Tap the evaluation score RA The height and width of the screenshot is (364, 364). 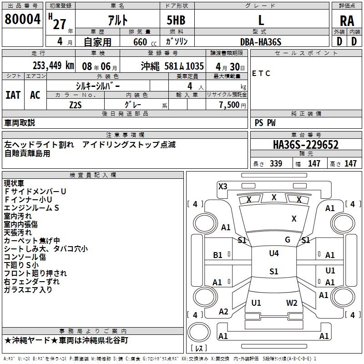(347, 21)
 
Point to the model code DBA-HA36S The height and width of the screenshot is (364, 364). (261, 42)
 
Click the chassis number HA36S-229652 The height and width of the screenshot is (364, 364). (306, 145)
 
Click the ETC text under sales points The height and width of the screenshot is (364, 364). (261, 74)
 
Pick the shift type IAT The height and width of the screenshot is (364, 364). (13, 95)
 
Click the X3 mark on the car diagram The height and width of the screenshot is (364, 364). (222, 186)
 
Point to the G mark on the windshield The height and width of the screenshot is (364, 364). (288, 240)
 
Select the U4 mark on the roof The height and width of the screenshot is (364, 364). (273, 253)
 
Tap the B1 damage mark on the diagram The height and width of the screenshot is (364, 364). (218, 255)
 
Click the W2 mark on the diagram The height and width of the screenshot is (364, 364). (292, 303)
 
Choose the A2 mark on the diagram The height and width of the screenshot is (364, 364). (223, 311)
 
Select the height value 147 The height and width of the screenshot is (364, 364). (350, 164)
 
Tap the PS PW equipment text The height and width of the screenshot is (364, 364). (265, 123)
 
